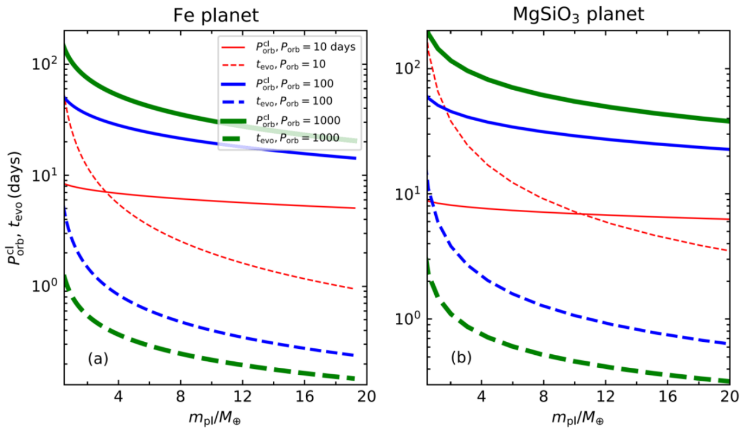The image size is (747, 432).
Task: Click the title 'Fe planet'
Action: pyautogui.click(x=210, y=13)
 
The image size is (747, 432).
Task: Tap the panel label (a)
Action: pyautogui.click(x=98, y=358)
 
